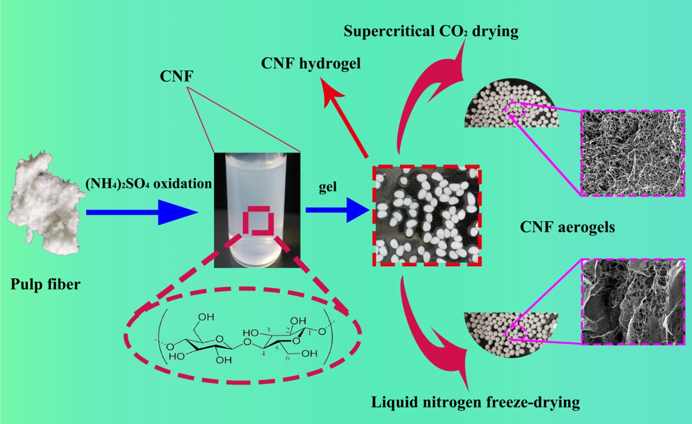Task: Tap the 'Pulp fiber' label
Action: (45, 284)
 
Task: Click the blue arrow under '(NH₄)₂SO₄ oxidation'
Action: (141, 212)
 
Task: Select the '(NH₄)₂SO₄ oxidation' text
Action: (149, 183)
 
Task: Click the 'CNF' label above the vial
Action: (176, 76)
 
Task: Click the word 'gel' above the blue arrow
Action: (328, 187)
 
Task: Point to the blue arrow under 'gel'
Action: (337, 210)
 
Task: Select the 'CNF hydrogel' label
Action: (311, 63)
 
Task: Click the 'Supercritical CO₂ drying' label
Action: (431, 31)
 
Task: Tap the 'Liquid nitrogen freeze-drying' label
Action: (475, 402)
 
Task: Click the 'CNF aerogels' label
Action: (567, 227)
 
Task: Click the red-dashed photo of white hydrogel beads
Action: (427, 216)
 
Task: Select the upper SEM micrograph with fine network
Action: (632, 153)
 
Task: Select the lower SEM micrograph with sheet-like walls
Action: (632, 302)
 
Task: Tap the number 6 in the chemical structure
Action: (287, 358)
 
